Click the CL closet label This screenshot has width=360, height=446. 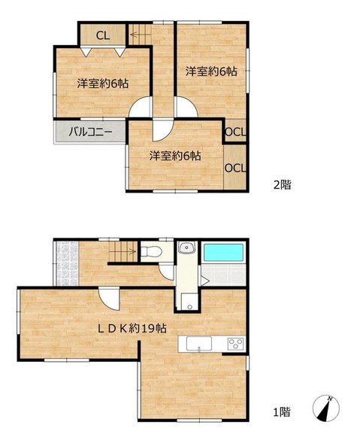(102, 35)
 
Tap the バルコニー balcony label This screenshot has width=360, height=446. (91, 132)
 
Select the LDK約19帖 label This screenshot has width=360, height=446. (132, 329)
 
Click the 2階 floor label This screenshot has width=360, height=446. (282, 185)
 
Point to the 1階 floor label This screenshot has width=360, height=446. (282, 411)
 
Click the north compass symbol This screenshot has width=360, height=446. (326, 408)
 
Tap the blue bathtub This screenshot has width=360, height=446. (224, 252)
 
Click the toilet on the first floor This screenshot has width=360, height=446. (152, 251)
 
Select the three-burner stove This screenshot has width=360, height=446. (236, 344)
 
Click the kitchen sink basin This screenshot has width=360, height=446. (199, 344)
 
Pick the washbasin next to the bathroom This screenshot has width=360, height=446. (186, 247)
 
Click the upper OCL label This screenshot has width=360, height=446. (235, 132)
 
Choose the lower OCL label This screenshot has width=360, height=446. (235, 168)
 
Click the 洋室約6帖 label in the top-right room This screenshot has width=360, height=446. (211, 71)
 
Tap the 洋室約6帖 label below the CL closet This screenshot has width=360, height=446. (102, 83)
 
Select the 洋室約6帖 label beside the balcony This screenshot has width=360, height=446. (175, 156)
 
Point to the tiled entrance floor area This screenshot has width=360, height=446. (67, 264)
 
